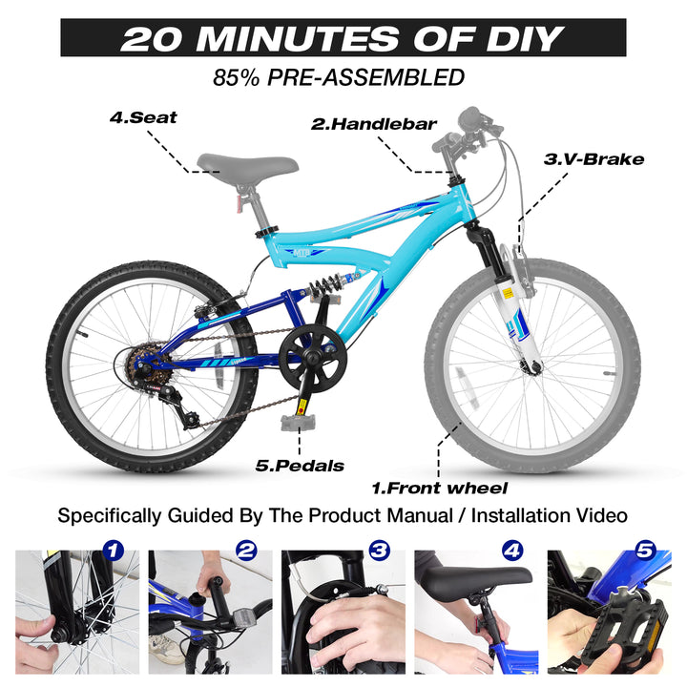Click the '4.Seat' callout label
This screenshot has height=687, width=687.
[143, 117]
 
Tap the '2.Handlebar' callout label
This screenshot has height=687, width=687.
[374, 124]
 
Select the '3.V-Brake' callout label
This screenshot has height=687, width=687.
[593, 159]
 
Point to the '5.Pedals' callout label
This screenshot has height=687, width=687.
[300, 466]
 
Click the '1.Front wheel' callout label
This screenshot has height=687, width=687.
[440, 488]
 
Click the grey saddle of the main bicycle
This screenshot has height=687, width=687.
[247, 163]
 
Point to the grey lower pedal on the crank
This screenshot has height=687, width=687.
[298, 422]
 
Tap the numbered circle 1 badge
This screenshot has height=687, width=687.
[114, 551]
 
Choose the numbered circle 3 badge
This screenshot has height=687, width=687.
[380, 551]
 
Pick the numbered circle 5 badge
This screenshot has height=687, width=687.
[645, 551]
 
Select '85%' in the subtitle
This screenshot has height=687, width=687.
[236, 77]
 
